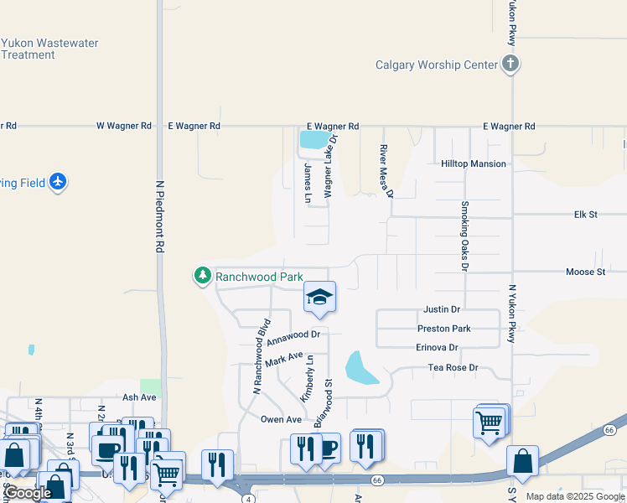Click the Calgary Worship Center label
437,65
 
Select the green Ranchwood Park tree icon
202,275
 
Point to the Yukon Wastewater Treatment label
49,49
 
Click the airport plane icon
57,182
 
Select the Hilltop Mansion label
474,164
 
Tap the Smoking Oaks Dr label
464,236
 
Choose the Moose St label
585,272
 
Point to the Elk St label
585,215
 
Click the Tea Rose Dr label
453,368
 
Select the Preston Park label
444,329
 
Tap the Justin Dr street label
443,309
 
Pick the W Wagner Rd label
124,126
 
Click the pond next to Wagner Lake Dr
314,139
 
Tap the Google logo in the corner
28,493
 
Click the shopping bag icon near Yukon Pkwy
522,460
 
